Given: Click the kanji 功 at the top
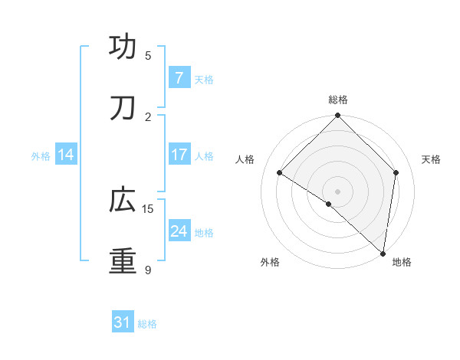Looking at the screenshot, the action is [123, 47].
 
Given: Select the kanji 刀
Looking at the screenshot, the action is [123, 108].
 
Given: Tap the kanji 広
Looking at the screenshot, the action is [123, 200].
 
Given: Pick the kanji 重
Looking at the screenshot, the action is [123, 261].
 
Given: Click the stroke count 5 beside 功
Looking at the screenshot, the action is [148, 55].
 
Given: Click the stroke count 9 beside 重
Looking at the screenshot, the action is [148, 270].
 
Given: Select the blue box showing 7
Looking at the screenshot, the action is [179, 78].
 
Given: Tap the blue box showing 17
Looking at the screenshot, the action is [179, 155].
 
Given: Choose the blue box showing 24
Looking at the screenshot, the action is [179, 231].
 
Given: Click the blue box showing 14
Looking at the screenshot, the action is [66, 155].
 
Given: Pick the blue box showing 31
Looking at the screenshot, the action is [123, 323].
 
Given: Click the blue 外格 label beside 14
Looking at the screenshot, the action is [41, 155].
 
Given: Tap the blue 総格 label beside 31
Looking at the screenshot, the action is [147, 324].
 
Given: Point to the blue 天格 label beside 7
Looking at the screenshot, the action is [204, 79].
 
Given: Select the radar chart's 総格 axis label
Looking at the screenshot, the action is [338, 100].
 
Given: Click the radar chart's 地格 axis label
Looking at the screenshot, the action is [402, 262].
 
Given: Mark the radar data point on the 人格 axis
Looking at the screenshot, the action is [280, 173].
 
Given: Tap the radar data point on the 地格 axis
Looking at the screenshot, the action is [383, 253].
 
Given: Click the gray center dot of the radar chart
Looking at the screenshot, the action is [337, 191].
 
